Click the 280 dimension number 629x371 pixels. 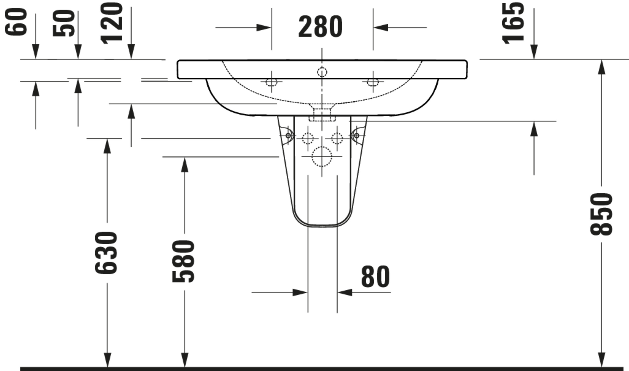[x=320, y=27]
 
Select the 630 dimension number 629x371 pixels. [x=106, y=253]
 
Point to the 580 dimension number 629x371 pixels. [x=183, y=261]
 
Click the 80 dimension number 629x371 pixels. [x=375, y=276]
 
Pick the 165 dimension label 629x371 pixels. [x=513, y=23]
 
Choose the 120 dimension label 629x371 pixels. [x=112, y=23]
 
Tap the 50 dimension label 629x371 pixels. [x=64, y=23]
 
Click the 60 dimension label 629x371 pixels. [x=16, y=22]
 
